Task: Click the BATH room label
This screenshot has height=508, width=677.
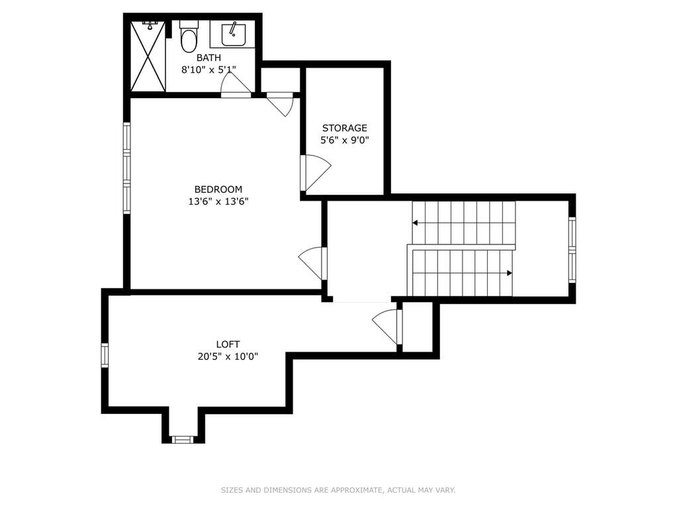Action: (208, 58)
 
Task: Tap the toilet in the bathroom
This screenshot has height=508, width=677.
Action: (188, 36)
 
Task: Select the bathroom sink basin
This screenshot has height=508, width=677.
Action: (234, 34)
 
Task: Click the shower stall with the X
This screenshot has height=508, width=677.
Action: (148, 56)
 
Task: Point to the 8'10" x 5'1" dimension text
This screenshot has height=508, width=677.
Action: (208, 70)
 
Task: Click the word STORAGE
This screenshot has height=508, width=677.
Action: (345, 128)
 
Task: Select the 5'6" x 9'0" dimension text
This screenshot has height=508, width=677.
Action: (345, 140)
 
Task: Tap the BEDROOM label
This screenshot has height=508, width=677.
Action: (218, 189)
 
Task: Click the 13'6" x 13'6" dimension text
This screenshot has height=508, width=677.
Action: (218, 201)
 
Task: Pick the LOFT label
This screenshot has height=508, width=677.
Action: (228, 344)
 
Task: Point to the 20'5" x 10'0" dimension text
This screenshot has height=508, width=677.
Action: (228, 356)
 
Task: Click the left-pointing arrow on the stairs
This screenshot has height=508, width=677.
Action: (464, 223)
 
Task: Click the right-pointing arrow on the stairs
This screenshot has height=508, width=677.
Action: (462, 273)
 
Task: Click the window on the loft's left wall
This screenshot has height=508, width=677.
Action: (105, 355)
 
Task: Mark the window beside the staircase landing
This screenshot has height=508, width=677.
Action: (572, 250)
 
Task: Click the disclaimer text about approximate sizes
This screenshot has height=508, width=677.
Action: (338, 490)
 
